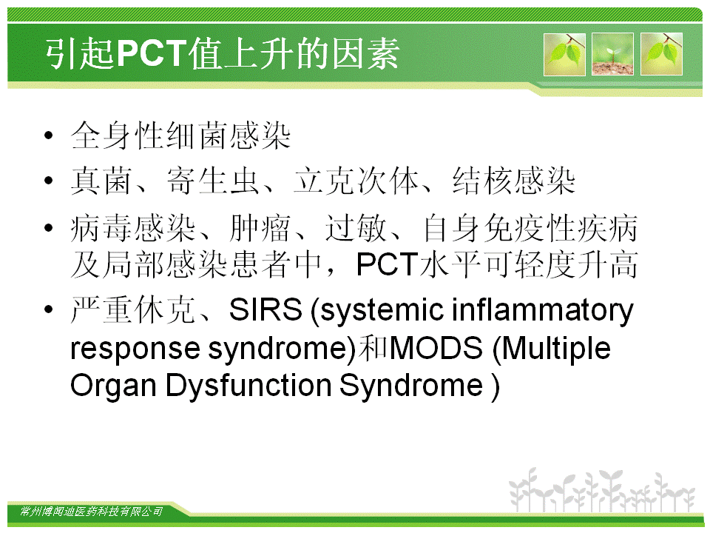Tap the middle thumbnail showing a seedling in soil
tap(612, 54)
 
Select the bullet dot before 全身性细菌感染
tap(49, 135)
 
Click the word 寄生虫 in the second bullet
tap(213, 181)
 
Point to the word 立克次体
tap(356, 181)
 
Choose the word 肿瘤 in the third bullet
tap(260, 228)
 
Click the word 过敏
tap(356, 228)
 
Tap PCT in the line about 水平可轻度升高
tap(387, 264)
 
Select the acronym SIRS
tap(266, 309)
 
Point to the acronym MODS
tap(436, 348)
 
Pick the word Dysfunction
tap(248, 386)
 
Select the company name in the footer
tap(91, 512)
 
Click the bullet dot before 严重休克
tap(49, 309)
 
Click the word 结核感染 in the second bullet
tap(514, 181)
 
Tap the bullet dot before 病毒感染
tap(49, 227)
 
